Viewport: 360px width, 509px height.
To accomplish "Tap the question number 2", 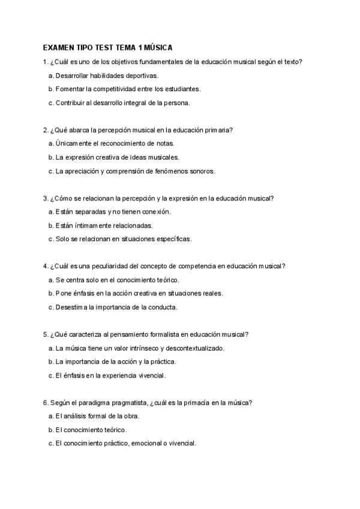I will (46, 130).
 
